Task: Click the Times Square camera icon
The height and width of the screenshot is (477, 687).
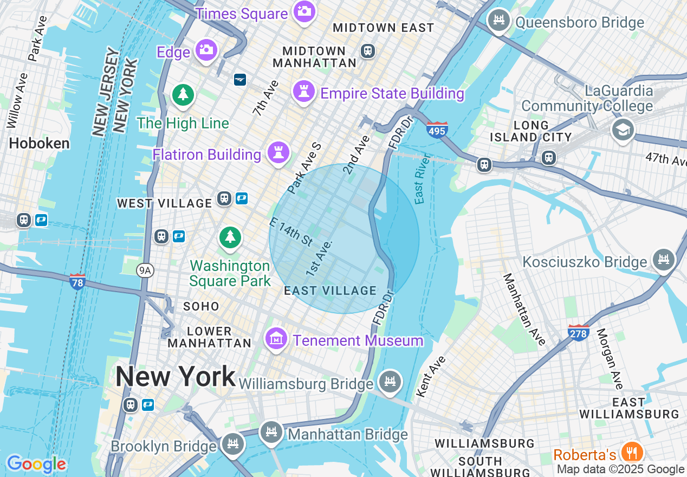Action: point(304,11)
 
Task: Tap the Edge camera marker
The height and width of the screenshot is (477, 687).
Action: point(206,50)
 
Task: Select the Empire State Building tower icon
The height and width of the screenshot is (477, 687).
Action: point(304,92)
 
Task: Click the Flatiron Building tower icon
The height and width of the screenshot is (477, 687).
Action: point(278,152)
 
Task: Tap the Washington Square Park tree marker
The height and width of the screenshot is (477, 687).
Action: point(230,237)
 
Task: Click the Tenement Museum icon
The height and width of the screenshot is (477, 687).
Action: point(276,339)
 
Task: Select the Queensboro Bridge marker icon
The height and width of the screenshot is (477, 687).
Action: point(499,21)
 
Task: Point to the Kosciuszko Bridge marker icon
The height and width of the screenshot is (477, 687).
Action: point(664,260)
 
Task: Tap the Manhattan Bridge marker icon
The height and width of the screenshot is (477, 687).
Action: point(271,433)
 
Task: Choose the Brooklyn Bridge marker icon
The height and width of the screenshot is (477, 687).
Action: point(233,444)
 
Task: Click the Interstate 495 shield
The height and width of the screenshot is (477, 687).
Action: point(437,130)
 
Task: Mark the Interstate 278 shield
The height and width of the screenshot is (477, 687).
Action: point(579,333)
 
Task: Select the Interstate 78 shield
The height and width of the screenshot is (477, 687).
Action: point(77,281)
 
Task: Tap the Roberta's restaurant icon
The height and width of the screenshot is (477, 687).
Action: point(631,452)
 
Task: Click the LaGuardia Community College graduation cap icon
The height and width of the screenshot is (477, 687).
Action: point(623,130)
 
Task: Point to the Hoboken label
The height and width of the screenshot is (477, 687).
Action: point(40,144)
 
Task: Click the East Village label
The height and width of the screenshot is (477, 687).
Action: point(330,291)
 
